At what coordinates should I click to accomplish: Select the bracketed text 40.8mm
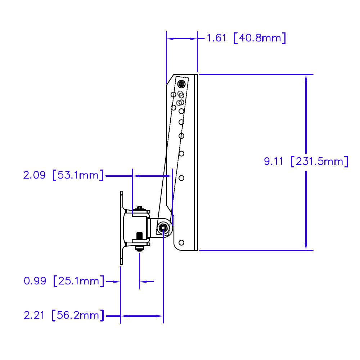tap(260, 38)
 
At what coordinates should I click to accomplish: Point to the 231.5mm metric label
tap(319, 161)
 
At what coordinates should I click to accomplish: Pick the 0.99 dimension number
tap(35, 281)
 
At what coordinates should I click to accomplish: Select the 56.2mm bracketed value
tap(78, 316)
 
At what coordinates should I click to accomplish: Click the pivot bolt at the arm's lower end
tap(163, 228)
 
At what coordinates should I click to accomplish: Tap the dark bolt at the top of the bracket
tap(181, 84)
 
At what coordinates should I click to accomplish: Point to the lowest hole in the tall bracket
tap(181, 242)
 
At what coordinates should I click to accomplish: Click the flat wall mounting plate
tap(121, 228)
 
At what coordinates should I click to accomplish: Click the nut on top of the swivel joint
tap(140, 208)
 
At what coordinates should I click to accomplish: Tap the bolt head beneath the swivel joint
tap(139, 248)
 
